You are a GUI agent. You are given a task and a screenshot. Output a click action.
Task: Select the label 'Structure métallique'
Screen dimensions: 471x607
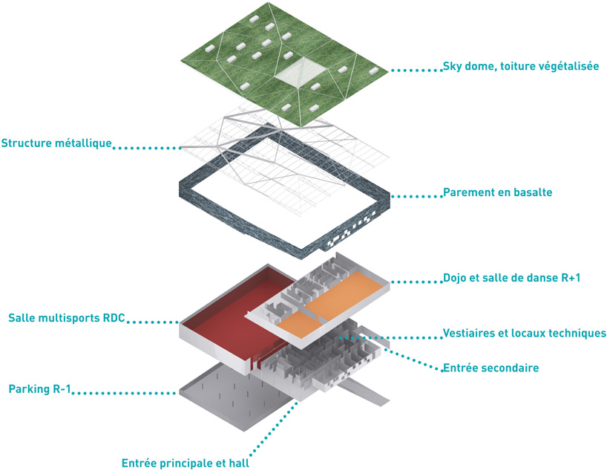click(56, 143)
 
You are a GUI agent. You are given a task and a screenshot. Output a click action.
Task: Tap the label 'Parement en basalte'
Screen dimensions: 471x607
click(497, 192)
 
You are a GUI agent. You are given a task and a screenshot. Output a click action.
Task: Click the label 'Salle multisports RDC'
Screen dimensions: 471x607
click(67, 318)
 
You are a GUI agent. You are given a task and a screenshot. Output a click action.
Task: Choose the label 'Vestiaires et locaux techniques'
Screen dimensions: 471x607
click(524, 333)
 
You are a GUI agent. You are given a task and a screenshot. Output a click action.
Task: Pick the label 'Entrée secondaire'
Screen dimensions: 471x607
click(490, 368)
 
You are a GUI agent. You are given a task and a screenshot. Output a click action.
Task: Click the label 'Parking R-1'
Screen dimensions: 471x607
click(39, 389)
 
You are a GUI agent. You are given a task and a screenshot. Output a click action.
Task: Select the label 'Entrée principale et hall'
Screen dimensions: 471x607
click(185, 463)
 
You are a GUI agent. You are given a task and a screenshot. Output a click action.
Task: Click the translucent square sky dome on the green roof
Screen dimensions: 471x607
click(300, 72)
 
